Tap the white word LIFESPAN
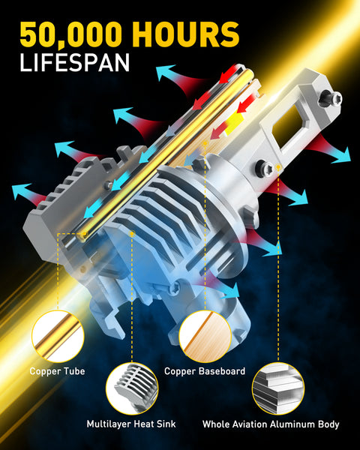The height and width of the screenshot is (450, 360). pos(74,62)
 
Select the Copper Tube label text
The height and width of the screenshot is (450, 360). pos(58,371)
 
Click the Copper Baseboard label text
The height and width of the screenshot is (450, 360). pos(205,371)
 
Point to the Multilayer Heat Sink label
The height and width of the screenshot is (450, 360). pos(131,424)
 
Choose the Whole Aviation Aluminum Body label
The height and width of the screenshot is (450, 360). pos(271,424)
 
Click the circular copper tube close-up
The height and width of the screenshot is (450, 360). pos(58,336)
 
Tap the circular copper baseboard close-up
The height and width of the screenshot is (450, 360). pos(205,336)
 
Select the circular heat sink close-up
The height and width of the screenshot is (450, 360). pos(132,388)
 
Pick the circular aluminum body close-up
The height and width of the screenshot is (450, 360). pos(278,388)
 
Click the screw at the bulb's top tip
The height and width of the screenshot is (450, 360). pos(331,98)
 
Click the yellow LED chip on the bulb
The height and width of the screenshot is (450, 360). pos(234,124)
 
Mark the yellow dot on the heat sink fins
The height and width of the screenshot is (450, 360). pos(132,234)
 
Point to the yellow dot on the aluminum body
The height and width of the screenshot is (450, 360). pos(278,167)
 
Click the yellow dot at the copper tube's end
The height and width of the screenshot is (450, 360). pos(85,234)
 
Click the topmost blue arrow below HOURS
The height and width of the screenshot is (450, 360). pos(168,72)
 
